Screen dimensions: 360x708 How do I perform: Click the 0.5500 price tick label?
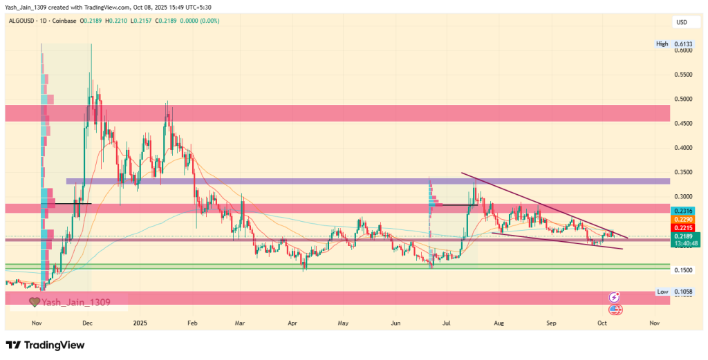pos(684,75)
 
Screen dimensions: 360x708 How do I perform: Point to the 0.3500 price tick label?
pos(684,172)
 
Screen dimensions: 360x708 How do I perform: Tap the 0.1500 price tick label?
pos(684,270)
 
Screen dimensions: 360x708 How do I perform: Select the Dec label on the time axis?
pos(88,323)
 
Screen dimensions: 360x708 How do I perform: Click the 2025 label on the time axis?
pos(140,323)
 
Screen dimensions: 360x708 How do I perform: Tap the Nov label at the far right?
pos(654,323)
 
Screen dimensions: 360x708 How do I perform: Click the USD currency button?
pos(682,23)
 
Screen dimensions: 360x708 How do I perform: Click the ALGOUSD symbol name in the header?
pos(23,21)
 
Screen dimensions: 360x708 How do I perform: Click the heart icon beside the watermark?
pos(34,302)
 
